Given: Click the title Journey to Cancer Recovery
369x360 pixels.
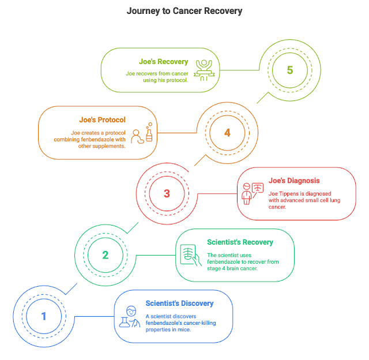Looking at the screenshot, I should (184, 11).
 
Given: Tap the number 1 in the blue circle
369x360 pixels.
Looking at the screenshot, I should (44, 316).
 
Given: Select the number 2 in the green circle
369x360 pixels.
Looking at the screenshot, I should (106, 254).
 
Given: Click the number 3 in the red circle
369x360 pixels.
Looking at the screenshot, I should (167, 193).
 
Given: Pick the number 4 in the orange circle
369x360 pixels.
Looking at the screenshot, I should (227, 132).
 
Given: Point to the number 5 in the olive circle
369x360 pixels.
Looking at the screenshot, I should (290, 70).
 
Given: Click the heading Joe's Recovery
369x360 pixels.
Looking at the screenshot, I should (164, 61).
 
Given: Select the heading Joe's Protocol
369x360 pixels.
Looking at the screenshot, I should (103, 120).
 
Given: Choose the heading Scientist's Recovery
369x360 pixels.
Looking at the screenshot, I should (240, 242).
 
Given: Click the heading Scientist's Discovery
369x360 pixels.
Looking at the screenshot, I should (179, 303).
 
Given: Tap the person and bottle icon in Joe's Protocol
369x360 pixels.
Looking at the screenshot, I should (142, 133).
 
